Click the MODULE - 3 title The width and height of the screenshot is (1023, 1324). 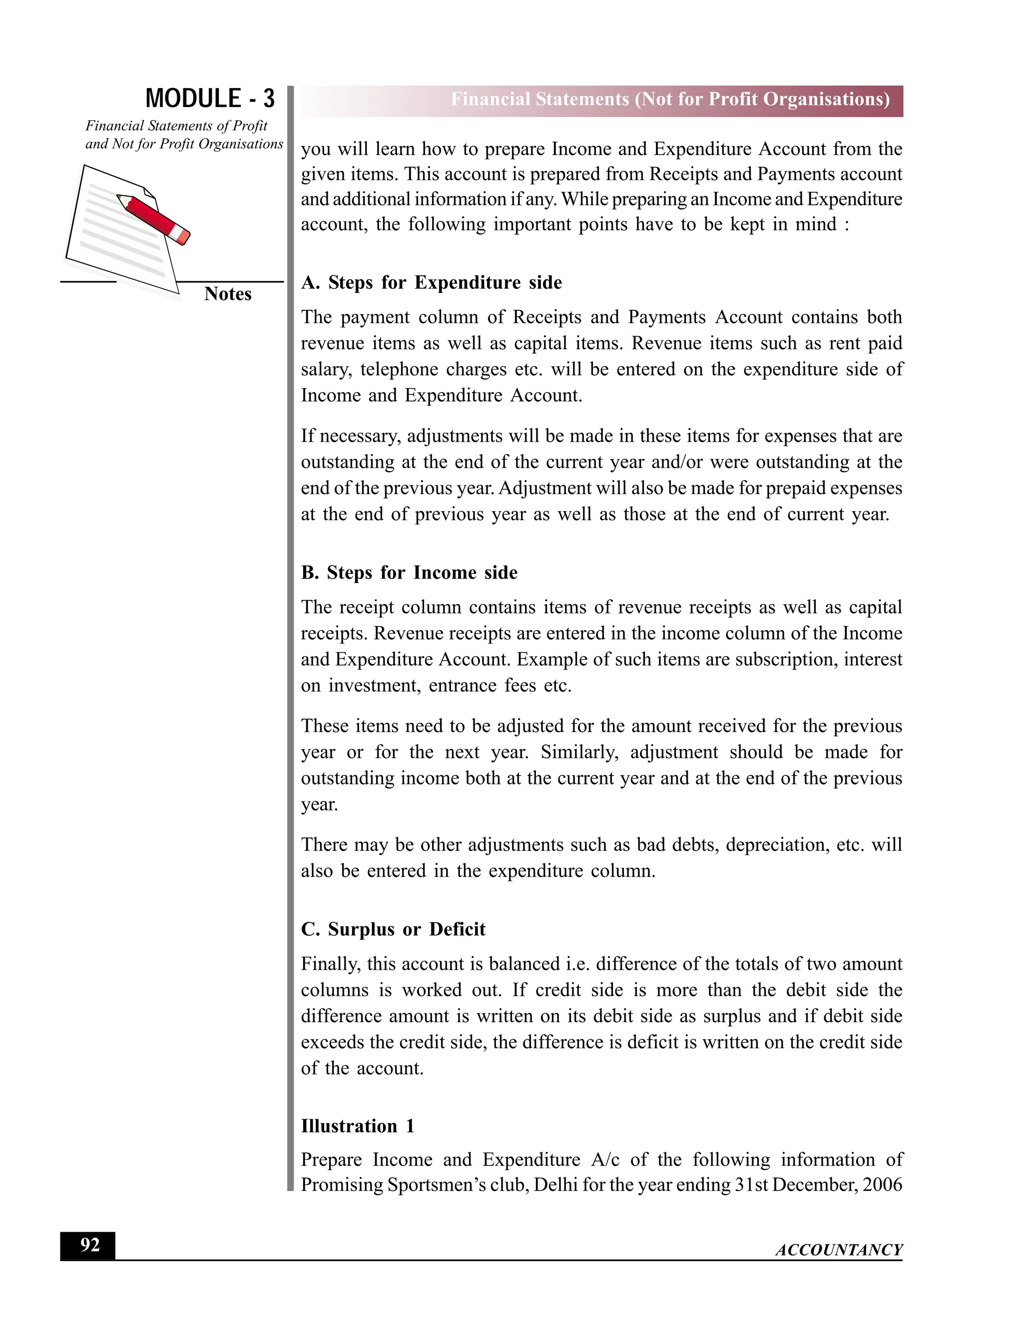click(x=210, y=99)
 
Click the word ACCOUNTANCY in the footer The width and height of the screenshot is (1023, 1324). click(x=839, y=1250)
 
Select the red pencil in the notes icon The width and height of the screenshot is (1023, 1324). click(x=154, y=219)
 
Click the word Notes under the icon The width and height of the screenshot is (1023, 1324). click(x=227, y=294)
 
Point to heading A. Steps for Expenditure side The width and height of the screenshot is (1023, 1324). click(x=431, y=282)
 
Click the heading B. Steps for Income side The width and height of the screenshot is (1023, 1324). click(x=409, y=573)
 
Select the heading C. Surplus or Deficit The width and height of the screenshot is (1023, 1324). click(x=393, y=929)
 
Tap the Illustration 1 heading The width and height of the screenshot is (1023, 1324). click(x=358, y=1126)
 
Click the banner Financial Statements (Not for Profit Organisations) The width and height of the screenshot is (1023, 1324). click(x=670, y=99)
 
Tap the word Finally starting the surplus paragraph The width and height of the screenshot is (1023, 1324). click(x=330, y=964)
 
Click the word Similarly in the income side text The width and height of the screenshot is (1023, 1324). click(x=579, y=752)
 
